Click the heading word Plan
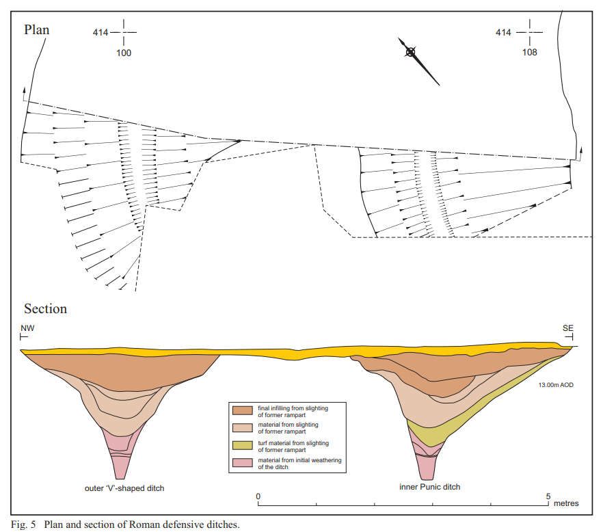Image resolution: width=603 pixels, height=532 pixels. pos(36,30)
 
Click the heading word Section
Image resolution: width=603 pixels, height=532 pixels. pos(45,309)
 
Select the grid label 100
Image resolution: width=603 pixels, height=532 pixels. pos(124,53)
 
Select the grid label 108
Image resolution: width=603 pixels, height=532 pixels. pos(530,53)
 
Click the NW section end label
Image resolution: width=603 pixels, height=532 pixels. pos(27,328)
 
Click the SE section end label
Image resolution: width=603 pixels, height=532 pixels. pos(567,328)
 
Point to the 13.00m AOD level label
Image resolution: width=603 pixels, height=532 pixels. pos(556,385)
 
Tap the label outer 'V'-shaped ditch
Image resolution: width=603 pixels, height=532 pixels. pos(124,488)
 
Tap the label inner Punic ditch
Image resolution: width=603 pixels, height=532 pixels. pos(429,487)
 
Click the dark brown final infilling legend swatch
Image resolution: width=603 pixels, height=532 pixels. pos(242,410)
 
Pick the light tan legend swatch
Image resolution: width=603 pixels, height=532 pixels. pos(242,427)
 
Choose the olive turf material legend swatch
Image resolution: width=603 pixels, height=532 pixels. pos(242,445)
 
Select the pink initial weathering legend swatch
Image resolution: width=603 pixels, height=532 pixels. pos(242,462)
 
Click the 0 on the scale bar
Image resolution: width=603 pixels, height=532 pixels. pos(258,496)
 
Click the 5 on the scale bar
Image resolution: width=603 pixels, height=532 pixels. pos(548,496)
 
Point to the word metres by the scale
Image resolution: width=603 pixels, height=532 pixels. pos(566,503)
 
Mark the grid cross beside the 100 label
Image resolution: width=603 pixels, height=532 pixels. pos(124,32)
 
